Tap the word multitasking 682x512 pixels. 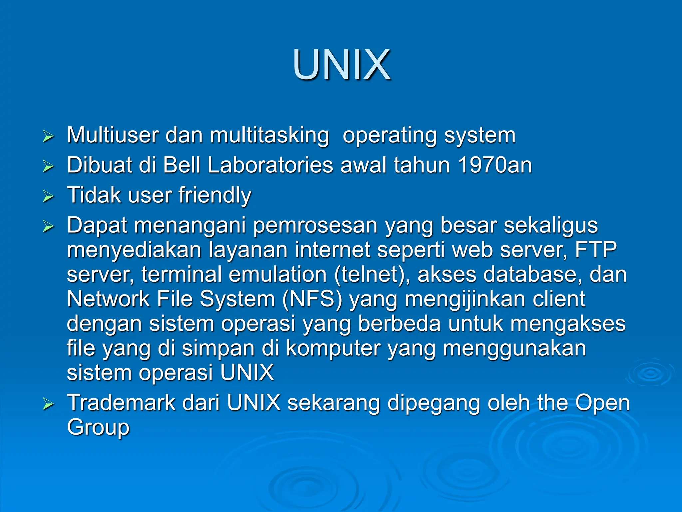(269, 136)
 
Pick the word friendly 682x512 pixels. (215, 195)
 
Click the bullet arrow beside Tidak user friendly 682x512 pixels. (48, 196)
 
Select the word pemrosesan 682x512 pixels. (315, 225)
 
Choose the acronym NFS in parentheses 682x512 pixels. (312, 299)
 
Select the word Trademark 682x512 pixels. (121, 403)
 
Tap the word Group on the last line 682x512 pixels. (98, 428)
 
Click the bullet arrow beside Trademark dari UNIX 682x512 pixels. (48, 404)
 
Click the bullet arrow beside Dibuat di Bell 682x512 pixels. (48, 166)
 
